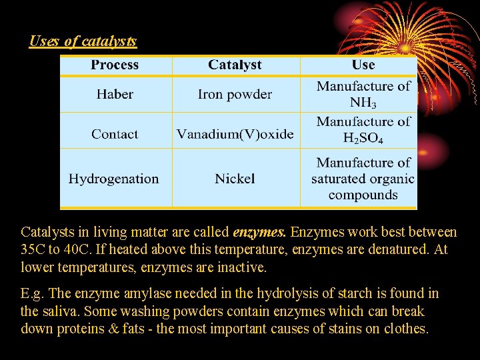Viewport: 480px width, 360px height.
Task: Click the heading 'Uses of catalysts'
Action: point(83,41)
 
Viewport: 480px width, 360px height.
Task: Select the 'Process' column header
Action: point(115,65)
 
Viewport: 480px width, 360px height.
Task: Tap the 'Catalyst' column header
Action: point(235,65)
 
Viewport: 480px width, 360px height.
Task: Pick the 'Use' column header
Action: point(363,65)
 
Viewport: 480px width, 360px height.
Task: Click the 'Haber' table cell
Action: point(115,94)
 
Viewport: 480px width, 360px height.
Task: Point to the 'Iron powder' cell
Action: point(235,94)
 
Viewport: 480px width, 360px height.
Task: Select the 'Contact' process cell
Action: point(115,134)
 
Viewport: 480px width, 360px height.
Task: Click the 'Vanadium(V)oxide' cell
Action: point(235,134)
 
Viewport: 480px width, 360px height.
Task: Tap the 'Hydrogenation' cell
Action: point(114,179)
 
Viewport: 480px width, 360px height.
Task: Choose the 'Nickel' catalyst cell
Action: point(235,179)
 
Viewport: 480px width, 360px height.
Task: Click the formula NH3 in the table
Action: point(363,103)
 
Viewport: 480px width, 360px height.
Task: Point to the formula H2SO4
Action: point(363,139)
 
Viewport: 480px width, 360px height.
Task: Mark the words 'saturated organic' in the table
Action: point(363,179)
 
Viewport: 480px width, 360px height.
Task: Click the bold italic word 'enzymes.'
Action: point(260,233)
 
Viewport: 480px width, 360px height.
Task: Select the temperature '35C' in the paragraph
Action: point(34,250)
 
